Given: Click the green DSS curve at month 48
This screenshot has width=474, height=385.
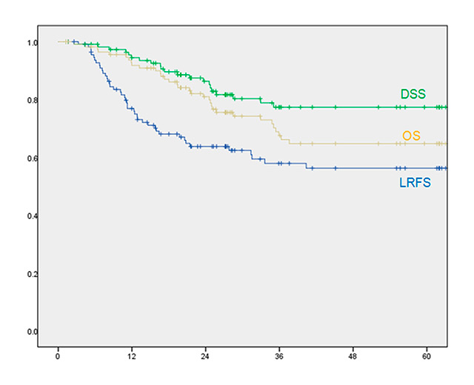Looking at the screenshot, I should coord(353,107).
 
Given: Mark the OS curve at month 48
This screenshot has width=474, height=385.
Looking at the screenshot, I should coord(353,143).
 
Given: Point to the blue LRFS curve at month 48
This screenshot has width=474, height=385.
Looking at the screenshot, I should coord(353,168).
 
